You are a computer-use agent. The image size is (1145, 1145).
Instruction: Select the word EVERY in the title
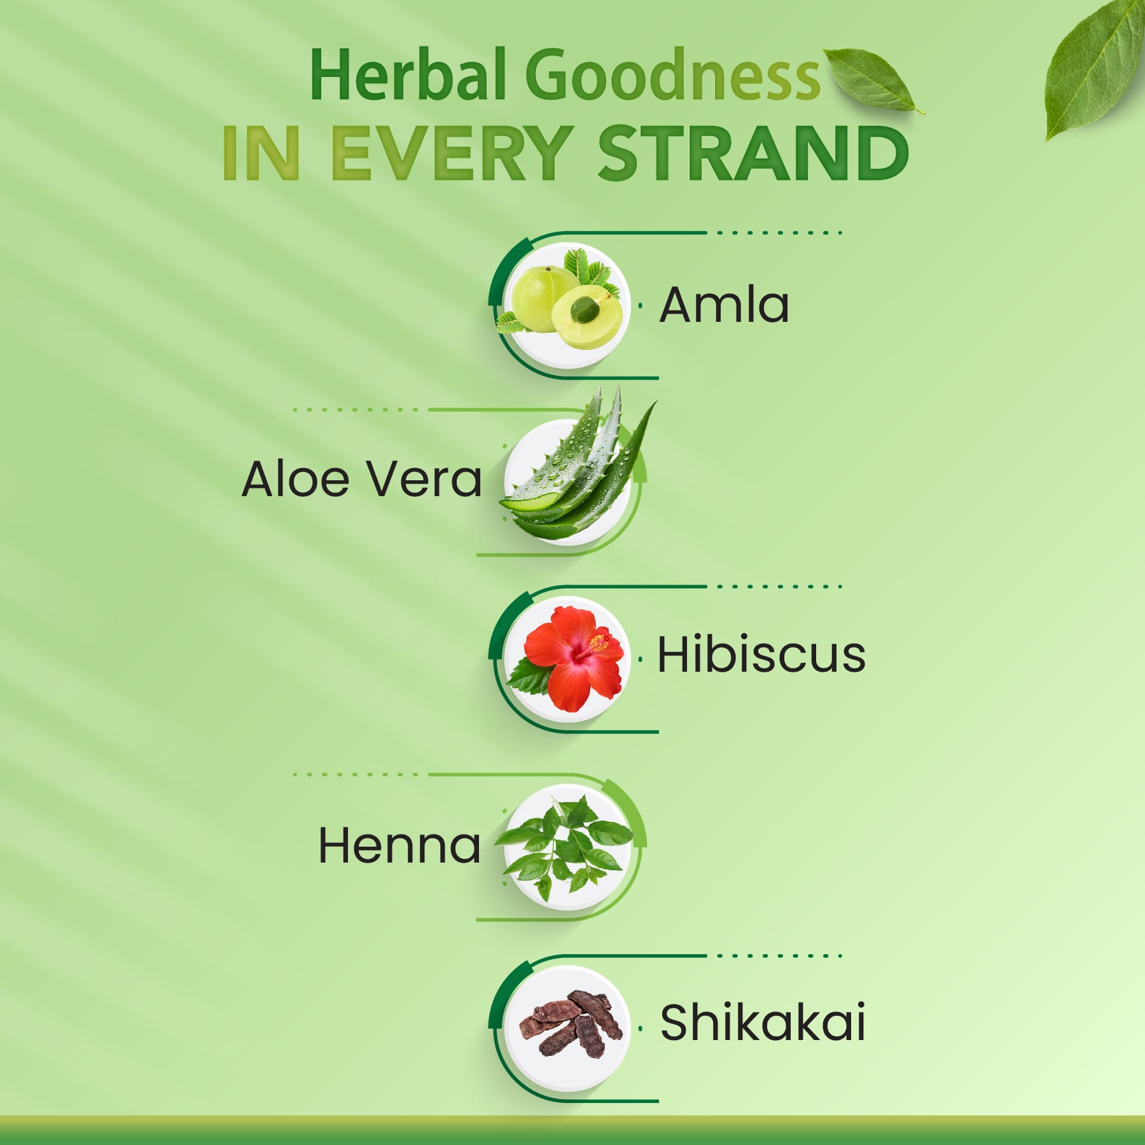click(448, 153)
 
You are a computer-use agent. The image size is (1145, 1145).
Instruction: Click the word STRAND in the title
click(754, 153)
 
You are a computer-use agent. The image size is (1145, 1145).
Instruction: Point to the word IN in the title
click(261, 153)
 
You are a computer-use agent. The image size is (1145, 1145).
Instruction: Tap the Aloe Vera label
click(361, 478)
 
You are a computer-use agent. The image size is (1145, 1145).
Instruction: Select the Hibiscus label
click(761, 654)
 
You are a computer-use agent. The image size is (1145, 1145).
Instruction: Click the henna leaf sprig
click(564, 847)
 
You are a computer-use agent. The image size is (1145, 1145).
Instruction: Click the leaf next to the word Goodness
click(871, 80)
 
